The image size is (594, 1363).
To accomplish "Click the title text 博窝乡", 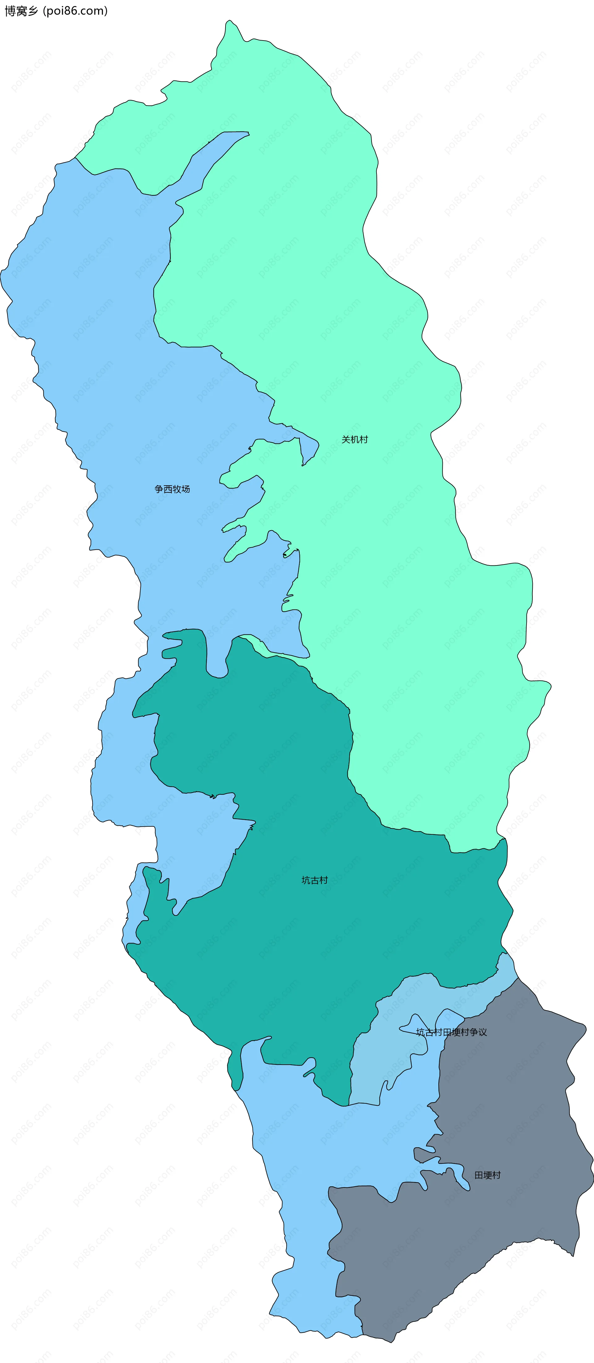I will click(21, 11).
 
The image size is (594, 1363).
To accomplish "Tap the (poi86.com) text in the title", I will click(75, 11).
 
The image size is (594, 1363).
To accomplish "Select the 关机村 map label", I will click(355, 439).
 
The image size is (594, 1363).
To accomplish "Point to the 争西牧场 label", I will click(172, 489).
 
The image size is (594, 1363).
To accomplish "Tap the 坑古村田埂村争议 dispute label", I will click(451, 1032).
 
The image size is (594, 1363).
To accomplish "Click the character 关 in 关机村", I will click(346, 439).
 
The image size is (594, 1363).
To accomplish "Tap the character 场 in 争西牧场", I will click(185, 489).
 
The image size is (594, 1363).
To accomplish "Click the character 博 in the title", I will click(10, 11).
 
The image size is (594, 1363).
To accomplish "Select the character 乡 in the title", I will click(33, 11).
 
